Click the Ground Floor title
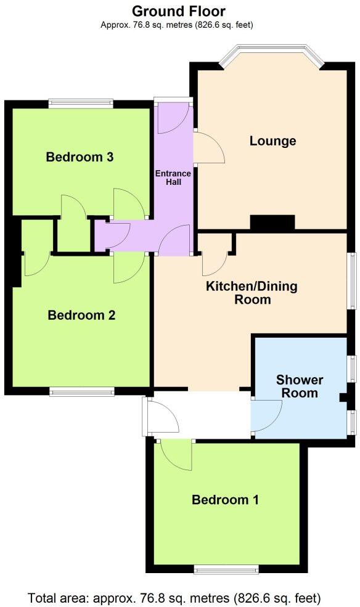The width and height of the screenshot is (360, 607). click(179, 11)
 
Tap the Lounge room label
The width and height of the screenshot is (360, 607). click(272, 141)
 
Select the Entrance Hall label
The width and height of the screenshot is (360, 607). click(173, 177)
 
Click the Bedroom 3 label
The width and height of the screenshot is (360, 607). click(80, 157)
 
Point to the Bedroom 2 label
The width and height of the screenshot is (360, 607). click(82, 316)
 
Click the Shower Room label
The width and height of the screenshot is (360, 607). click(300, 386)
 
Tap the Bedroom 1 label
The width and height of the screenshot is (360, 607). click(225, 500)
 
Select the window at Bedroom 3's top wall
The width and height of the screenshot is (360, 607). click(81, 104)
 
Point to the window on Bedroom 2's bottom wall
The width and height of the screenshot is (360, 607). click(82, 391)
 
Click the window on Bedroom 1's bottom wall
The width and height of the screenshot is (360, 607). click(226, 569)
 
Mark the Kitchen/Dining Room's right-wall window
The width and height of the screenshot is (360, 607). click(351, 280)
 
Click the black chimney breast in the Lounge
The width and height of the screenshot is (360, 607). click(272, 223)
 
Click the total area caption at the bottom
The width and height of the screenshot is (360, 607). click(174, 597)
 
